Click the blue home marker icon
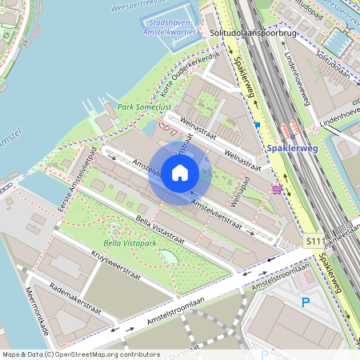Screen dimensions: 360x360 pos(180,173)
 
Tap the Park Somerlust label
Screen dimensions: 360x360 pos(143,107)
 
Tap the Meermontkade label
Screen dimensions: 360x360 pos(39,311)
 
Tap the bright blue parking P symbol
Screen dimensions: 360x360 pos(305,302)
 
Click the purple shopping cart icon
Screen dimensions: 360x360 pos(277,189)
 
